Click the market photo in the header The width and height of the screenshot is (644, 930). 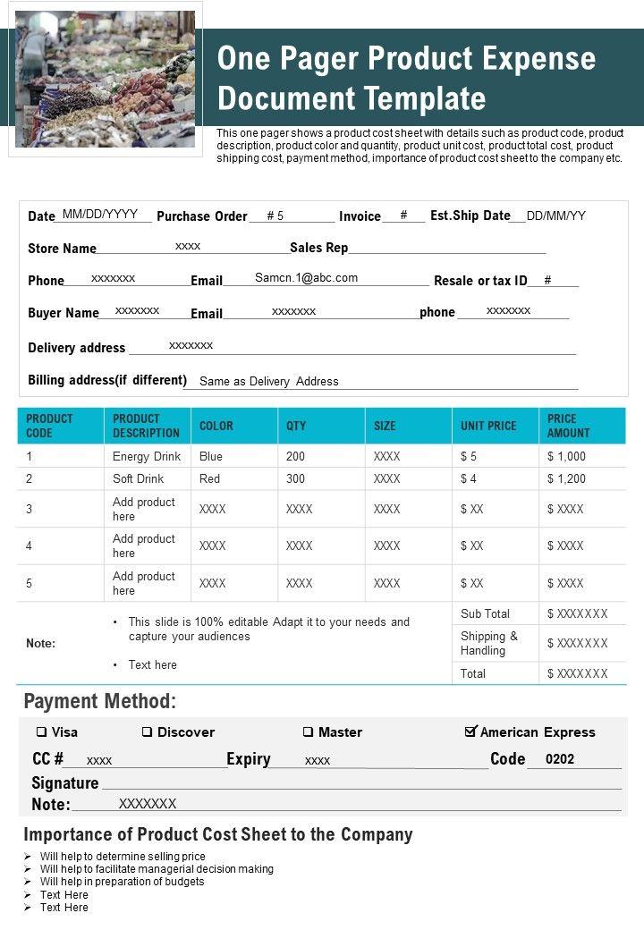tap(105, 79)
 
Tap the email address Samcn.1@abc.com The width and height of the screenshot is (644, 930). tap(306, 278)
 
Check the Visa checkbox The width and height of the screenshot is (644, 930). tap(41, 731)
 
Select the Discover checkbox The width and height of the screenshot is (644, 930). tap(147, 731)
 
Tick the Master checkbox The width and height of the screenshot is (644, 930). tap(308, 731)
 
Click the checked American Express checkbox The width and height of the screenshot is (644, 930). tap(470, 731)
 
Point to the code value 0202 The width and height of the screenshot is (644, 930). tap(560, 759)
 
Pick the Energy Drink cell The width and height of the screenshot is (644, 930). tap(147, 456)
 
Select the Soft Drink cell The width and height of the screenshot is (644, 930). tap(139, 478)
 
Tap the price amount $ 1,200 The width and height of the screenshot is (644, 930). tap(566, 478)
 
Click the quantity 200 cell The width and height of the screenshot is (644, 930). tap(296, 456)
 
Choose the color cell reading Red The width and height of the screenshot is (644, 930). tap(210, 478)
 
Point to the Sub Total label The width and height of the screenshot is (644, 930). tap(485, 613)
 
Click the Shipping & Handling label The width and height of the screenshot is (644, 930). tap(489, 643)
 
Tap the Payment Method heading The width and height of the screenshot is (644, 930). tap(100, 701)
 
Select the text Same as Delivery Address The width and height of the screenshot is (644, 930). tap(268, 381)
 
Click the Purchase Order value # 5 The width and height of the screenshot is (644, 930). tap(275, 216)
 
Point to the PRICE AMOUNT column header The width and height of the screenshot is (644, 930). tap(568, 426)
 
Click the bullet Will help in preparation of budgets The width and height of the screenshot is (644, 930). tap(123, 881)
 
